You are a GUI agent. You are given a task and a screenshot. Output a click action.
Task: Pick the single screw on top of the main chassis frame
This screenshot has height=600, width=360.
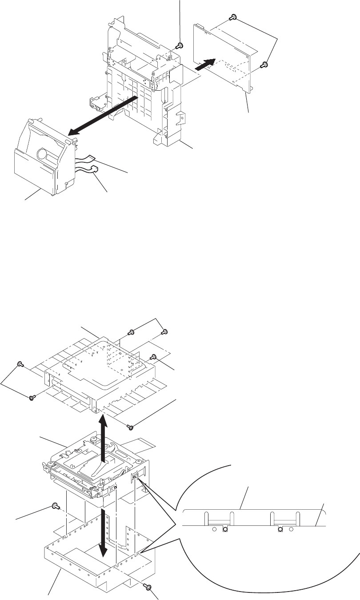pyautogui.click(x=179, y=45)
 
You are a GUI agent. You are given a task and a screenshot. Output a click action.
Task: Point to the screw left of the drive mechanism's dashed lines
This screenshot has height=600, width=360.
pyautogui.click(x=55, y=505)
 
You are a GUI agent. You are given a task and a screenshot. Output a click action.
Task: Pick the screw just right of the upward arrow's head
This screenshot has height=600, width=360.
pyautogui.click(x=130, y=427)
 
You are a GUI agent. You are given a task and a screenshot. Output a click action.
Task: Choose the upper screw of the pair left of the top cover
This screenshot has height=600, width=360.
pyautogui.click(x=20, y=364)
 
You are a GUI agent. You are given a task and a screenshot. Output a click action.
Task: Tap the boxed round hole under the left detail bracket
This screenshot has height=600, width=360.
pyautogui.click(x=224, y=529)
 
